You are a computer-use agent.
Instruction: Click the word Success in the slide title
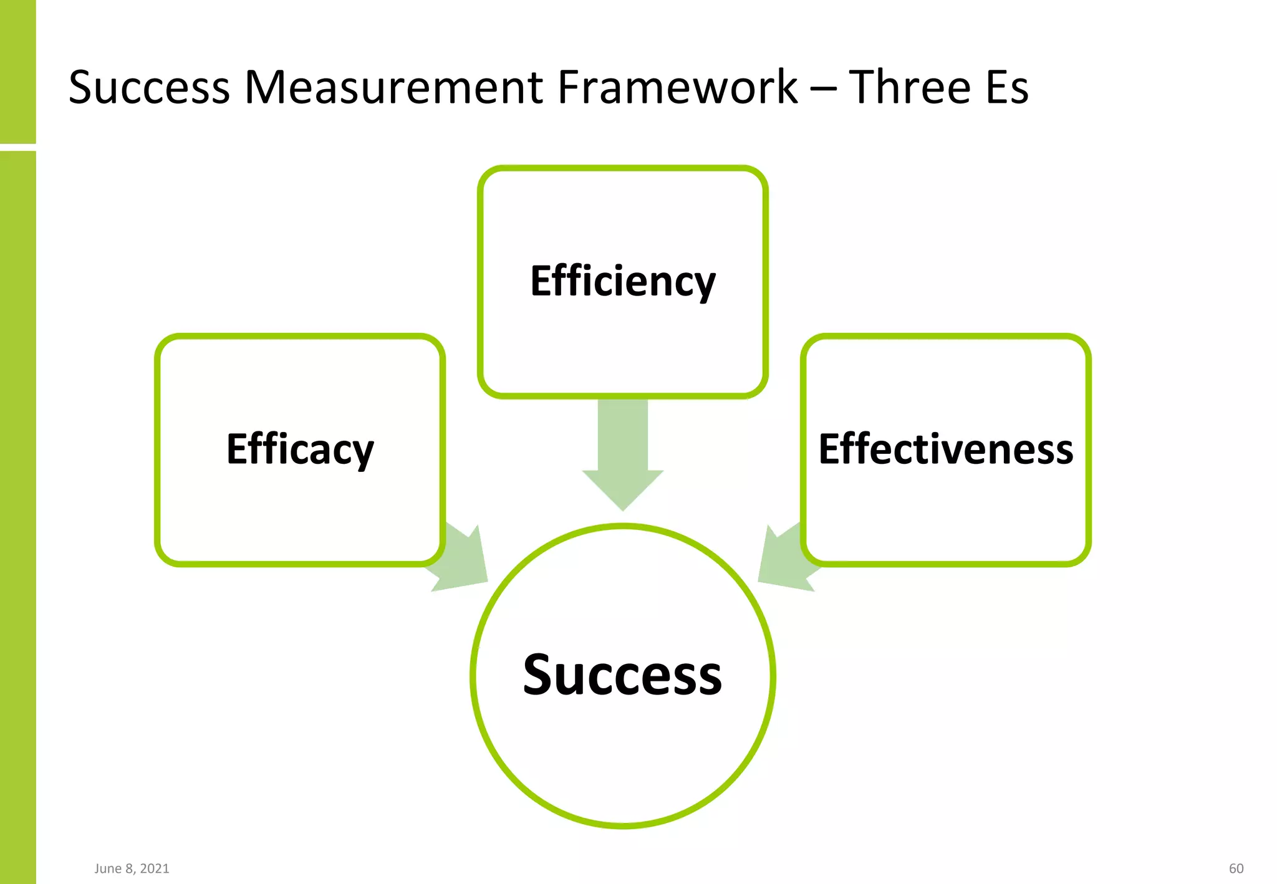coord(149,87)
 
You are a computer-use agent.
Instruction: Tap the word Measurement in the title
coord(394,87)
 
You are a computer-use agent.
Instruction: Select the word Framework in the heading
coord(677,87)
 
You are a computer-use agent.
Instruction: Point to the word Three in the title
coord(910,87)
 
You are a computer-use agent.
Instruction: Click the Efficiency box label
coord(623,282)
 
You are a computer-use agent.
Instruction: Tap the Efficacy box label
coord(300,449)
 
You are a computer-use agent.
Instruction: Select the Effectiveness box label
coord(946,449)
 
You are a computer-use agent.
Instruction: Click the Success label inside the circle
coord(622,675)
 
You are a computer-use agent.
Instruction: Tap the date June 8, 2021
coord(132,868)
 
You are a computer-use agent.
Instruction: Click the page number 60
coord(1236,868)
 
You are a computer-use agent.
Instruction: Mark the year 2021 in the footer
coord(154,868)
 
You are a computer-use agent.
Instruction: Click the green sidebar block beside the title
coord(17,71)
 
